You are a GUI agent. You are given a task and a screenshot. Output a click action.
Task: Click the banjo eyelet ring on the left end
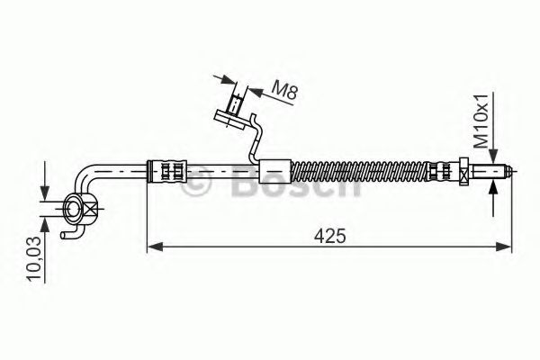(x=71, y=211)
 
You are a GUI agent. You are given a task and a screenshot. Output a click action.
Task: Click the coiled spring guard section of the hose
(x=360, y=168)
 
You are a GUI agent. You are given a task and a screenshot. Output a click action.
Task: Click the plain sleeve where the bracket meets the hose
(x=274, y=168)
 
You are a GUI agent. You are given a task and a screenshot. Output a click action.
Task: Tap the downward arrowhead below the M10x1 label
(x=494, y=154)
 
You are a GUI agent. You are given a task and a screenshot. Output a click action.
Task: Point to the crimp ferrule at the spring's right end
(x=441, y=168)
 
